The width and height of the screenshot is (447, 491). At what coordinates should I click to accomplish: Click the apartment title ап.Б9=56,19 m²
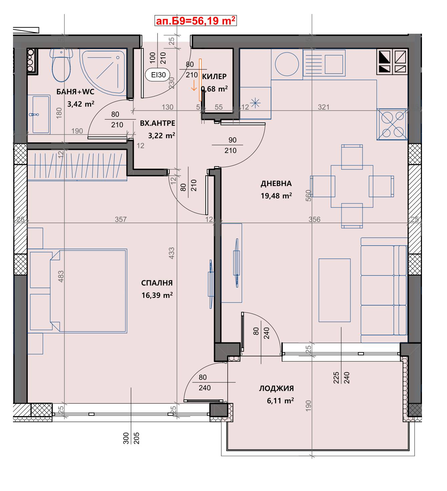click(196, 21)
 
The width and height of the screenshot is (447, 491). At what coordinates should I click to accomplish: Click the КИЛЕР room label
click(214, 76)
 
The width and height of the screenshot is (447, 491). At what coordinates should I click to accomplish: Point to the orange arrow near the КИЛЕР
click(194, 86)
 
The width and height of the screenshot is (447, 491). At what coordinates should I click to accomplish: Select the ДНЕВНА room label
click(276, 184)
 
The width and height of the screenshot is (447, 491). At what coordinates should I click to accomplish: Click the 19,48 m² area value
click(276, 196)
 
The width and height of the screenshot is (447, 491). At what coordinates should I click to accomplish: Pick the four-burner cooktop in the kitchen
click(392, 124)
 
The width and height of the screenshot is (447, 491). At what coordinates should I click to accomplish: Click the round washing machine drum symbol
click(287, 64)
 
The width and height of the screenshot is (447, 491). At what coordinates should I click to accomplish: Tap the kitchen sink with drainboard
click(324, 63)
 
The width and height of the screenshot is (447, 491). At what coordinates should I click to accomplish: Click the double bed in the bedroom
click(88, 291)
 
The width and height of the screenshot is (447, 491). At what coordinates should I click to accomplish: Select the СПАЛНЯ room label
click(157, 283)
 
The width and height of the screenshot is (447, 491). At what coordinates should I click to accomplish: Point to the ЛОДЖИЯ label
click(276, 388)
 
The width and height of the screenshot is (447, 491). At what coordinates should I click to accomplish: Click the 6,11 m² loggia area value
click(280, 401)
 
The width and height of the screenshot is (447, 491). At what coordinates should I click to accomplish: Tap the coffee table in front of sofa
click(334, 290)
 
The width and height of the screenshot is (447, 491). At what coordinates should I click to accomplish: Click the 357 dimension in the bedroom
click(121, 219)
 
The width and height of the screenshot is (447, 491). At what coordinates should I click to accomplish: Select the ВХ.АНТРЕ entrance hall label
click(157, 123)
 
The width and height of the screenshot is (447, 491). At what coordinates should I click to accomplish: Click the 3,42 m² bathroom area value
click(81, 104)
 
